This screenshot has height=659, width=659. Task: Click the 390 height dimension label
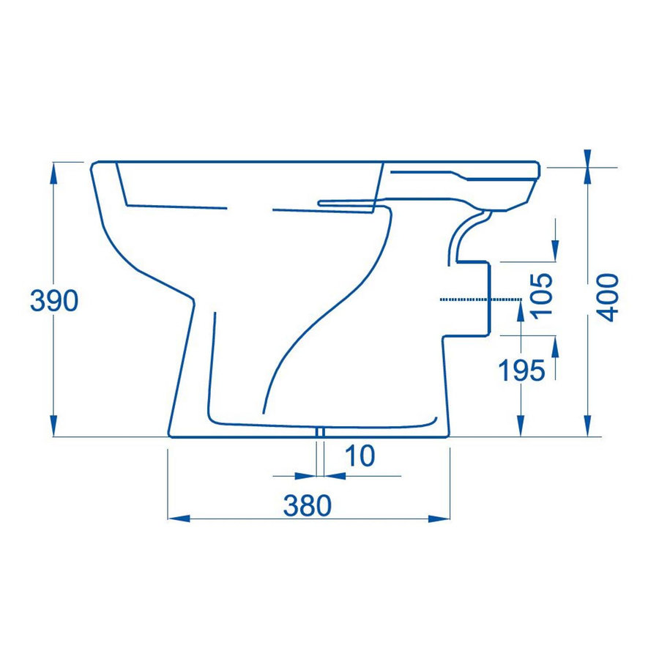(53, 300)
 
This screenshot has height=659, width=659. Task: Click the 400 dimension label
(608, 297)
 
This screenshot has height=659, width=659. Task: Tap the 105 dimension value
(542, 295)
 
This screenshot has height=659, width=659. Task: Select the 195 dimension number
(522, 372)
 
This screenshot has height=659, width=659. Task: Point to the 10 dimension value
(359, 456)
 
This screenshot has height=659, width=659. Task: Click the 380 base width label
(308, 505)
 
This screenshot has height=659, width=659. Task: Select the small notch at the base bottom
(320, 433)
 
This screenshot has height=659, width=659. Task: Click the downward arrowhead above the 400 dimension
(587, 158)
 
